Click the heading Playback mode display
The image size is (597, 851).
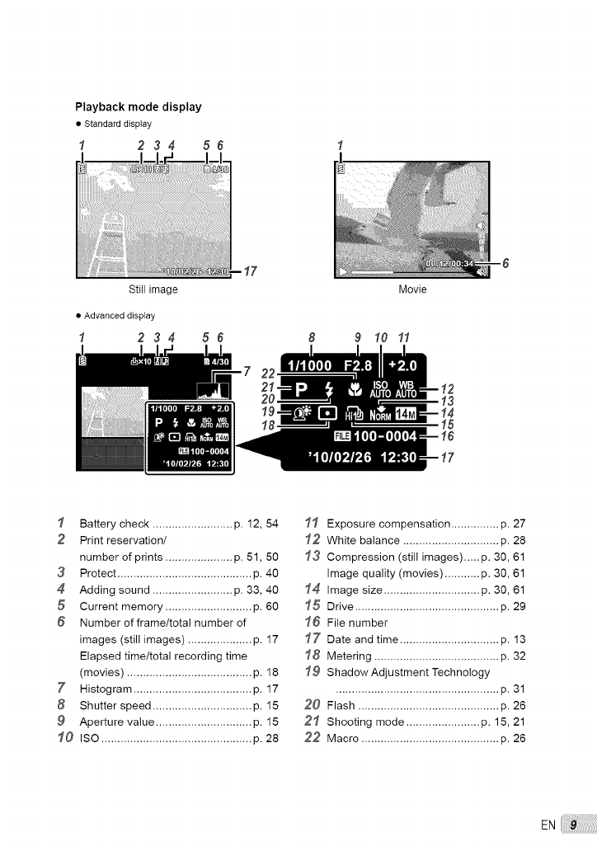pos(138,107)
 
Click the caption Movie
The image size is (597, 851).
pos(412,290)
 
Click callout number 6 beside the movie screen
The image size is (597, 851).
pos(505,264)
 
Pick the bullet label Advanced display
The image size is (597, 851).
pos(120,315)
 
